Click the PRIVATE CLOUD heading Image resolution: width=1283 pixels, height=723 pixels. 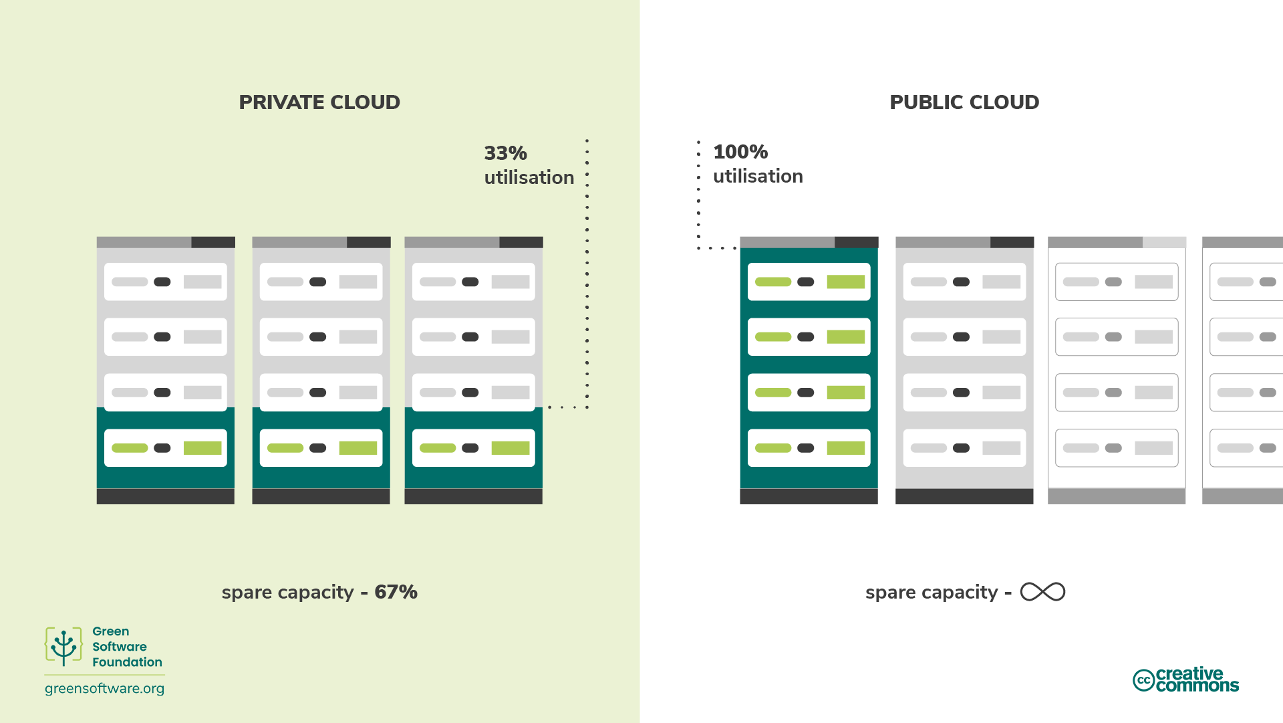319,102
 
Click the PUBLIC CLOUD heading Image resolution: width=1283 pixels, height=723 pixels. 964,102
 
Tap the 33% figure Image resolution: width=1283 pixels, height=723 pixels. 505,153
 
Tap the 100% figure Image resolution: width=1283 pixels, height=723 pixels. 740,152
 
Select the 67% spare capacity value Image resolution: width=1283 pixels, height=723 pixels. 396,592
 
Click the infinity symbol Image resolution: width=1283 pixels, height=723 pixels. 1042,592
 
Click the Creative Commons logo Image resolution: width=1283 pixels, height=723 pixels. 1185,680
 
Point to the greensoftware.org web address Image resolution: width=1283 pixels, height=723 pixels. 104,688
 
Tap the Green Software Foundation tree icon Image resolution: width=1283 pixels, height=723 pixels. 63,647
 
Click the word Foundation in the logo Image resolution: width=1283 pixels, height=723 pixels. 127,662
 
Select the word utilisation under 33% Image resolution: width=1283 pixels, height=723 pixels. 529,178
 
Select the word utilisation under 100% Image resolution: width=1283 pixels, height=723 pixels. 758,177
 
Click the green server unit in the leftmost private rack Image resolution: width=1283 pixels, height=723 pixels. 166,448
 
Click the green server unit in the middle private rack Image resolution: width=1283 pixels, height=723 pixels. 321,448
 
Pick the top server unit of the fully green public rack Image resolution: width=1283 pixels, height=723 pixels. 809,282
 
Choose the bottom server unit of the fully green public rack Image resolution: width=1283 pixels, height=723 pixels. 809,448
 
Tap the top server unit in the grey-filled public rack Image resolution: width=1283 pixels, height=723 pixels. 964,282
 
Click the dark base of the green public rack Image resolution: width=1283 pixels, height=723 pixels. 809,496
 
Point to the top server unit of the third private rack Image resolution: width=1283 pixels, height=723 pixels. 473,282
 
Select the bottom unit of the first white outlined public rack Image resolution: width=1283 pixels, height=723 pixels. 1117,448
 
